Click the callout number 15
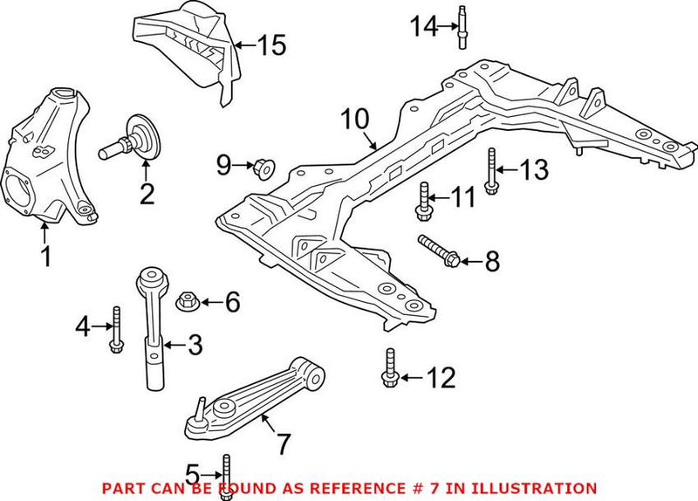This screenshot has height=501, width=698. (x=271, y=45)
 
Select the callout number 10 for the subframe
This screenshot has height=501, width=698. (x=355, y=120)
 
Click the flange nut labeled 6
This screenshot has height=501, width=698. (x=186, y=303)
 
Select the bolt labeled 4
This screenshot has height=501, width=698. (x=115, y=331)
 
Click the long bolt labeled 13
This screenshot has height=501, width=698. (x=493, y=168)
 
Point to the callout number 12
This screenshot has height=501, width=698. (x=441, y=378)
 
